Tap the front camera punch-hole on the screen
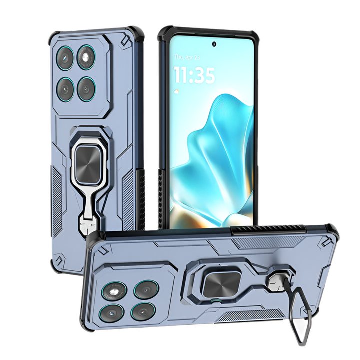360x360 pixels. [214, 44]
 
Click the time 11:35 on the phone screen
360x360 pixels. [194, 75]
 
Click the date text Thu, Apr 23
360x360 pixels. [187, 57]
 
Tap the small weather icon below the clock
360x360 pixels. [177, 91]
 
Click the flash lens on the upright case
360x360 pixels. [86, 57]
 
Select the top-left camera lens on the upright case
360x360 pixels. [65, 57]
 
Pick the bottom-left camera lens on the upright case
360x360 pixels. [66, 89]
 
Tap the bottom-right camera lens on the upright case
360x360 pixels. [86, 89]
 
